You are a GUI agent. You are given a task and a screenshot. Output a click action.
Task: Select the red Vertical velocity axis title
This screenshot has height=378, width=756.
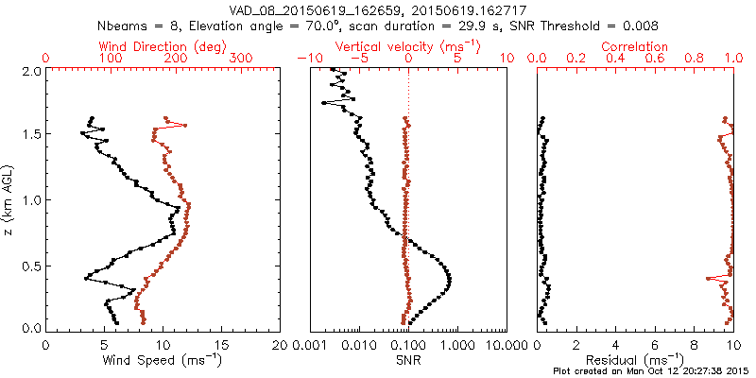coord(406,46)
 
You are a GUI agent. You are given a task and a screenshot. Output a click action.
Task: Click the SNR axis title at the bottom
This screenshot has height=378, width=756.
coord(408,359)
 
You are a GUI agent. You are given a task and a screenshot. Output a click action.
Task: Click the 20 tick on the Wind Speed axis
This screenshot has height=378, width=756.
coord(280,345)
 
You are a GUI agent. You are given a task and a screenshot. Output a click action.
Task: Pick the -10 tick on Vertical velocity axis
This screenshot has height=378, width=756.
coord(306,59)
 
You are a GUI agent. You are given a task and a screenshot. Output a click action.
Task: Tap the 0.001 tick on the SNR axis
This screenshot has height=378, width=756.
coord(311,345)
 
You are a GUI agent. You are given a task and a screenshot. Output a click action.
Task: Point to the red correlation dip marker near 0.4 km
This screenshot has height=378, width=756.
coord(709,278)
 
